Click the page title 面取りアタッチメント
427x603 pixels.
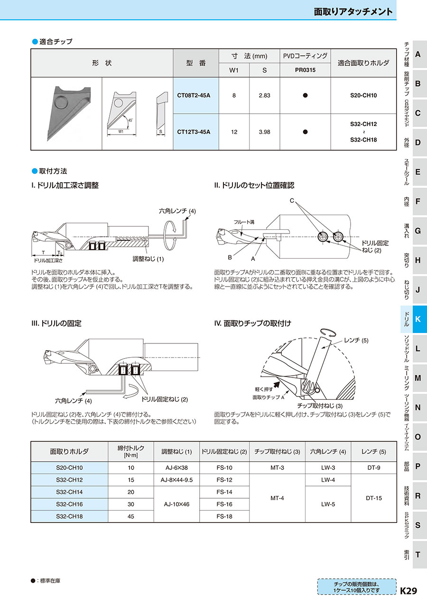[353, 12]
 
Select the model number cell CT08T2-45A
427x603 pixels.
[194, 95]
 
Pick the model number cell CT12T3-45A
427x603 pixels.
[194, 132]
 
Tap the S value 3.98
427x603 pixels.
[265, 132]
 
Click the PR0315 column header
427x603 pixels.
[305, 70]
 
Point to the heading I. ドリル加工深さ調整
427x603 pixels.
[65, 186]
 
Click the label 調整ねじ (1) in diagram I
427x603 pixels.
[148, 259]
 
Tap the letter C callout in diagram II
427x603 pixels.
[292, 201]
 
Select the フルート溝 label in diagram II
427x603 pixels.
[244, 222]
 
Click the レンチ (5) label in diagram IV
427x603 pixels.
[356, 341]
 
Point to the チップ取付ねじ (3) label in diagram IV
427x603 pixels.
[319, 406]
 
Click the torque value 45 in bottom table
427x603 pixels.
[131, 516]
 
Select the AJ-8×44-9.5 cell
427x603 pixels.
[176, 480]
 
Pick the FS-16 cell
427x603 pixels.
[224, 504]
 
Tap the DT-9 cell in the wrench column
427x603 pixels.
[373, 468]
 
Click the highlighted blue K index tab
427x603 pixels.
[417, 319]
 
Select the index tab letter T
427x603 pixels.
[418, 554]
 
